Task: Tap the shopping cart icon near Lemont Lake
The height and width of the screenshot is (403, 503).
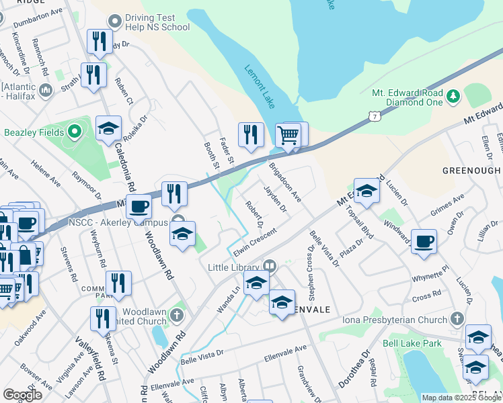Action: (288, 134)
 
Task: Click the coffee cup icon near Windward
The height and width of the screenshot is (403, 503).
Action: (423, 242)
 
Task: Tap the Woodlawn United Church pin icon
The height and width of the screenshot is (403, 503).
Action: (177, 314)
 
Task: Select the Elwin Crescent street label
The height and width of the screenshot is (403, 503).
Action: (255, 242)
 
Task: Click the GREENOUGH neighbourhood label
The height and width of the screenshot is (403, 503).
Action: (471, 171)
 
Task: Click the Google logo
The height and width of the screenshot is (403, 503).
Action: (23, 395)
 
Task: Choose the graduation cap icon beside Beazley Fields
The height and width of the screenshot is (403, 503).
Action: (108, 130)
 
